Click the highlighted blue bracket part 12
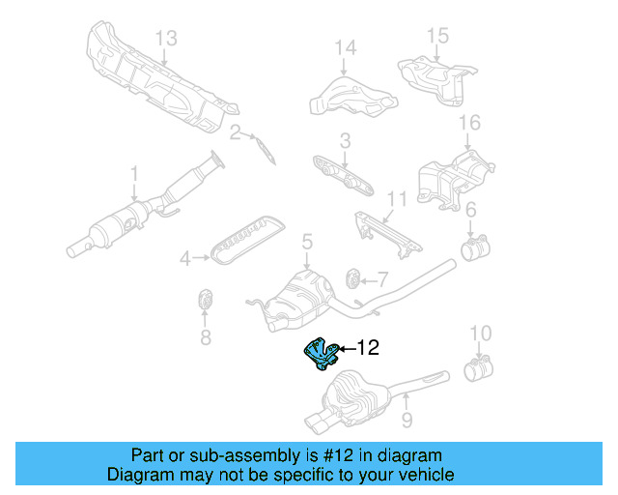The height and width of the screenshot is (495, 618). pos(320,355)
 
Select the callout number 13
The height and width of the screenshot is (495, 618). pos(166,38)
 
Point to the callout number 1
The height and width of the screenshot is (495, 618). pos(134,174)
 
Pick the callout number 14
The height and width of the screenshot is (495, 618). pos(346,45)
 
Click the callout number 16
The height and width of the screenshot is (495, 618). pos(469,122)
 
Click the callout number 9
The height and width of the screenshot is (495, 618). pos(407,420)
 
